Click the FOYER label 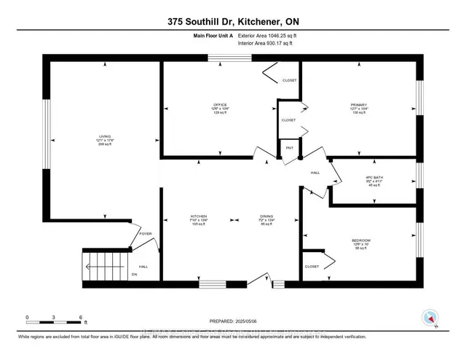click(x=145, y=235)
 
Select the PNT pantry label click(x=289, y=148)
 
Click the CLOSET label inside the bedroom click(x=312, y=267)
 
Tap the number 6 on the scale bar click(x=80, y=318)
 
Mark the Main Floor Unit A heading click(x=213, y=34)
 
